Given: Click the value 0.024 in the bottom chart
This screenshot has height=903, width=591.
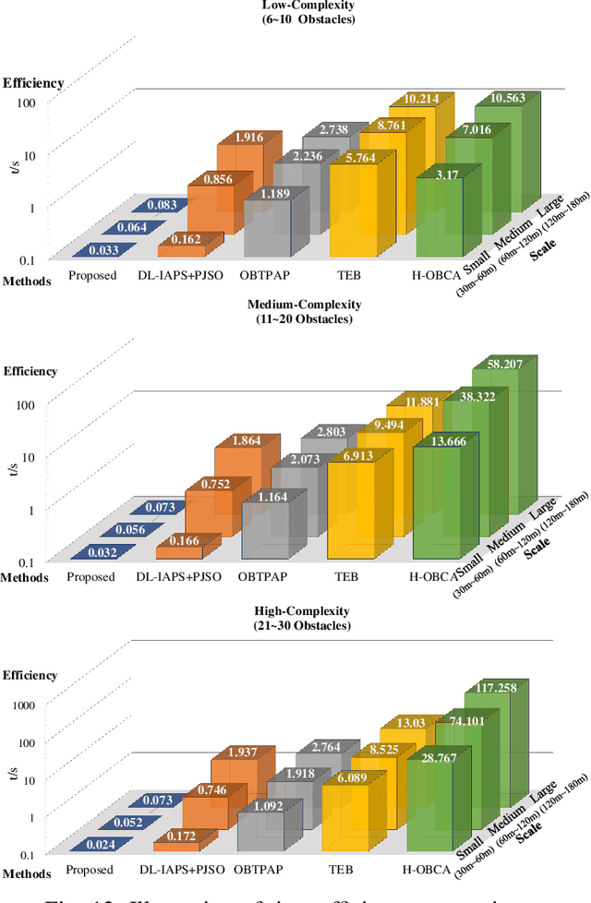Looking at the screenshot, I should (x=93, y=844).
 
